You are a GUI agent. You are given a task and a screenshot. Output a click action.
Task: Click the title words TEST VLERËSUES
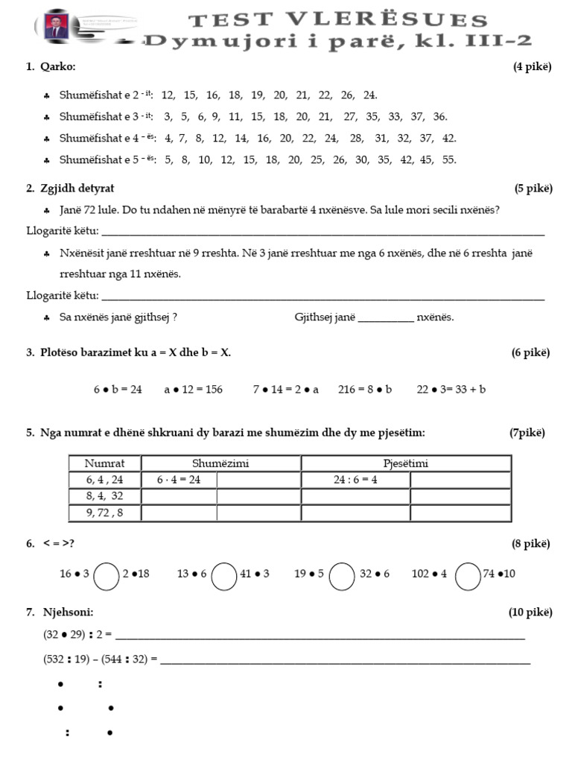point(337,20)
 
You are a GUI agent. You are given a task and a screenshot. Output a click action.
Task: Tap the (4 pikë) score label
point(532,67)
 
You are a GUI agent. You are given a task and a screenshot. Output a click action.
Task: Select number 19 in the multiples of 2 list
point(258,95)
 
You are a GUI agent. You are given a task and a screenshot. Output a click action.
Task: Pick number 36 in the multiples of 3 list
point(439,116)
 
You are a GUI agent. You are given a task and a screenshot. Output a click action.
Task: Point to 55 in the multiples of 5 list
point(448,159)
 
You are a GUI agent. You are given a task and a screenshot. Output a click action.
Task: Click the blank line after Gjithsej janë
point(385,317)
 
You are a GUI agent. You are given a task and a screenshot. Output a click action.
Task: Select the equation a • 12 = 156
point(193,389)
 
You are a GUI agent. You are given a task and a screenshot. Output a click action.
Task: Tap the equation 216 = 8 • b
point(364,389)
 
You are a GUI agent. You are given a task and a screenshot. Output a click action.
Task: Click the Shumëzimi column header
point(220,463)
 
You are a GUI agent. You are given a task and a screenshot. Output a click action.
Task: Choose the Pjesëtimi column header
point(405,463)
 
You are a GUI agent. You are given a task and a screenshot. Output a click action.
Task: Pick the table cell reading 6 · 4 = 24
point(179,480)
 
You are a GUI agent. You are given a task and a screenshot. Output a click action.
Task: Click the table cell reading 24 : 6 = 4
point(355,480)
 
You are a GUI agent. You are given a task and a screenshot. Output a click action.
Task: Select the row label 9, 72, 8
point(104,513)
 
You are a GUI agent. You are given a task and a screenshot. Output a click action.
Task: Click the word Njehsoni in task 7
point(68,612)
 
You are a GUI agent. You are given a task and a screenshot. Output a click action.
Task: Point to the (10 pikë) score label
point(530,612)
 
